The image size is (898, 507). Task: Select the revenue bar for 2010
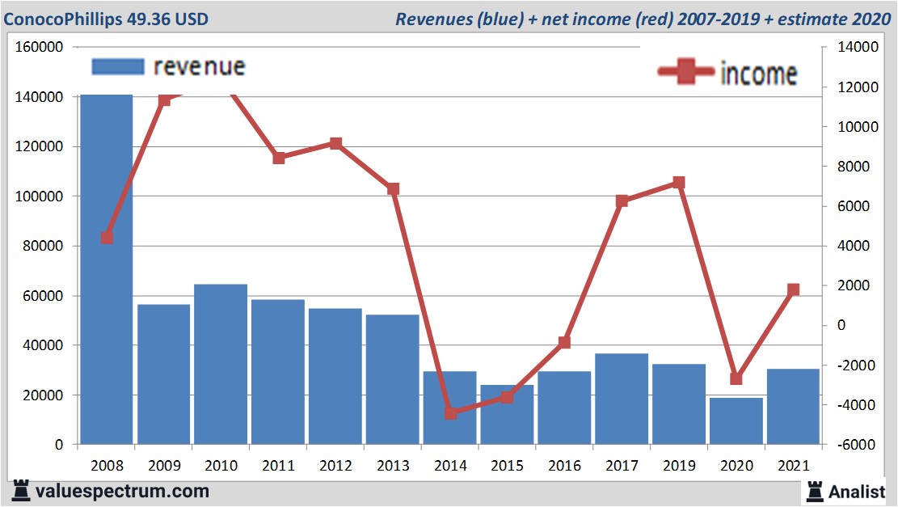coord(221,364)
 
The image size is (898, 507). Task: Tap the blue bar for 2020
coord(736,420)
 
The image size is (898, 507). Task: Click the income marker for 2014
coord(451,413)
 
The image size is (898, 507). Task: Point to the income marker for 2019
coord(679,183)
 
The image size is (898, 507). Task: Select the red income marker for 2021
coord(793,289)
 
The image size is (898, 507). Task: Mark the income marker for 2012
coord(336,144)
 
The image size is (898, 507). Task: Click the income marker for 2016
coord(564,343)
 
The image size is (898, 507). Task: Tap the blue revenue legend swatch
coord(117,66)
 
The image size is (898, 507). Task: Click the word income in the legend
coord(758,74)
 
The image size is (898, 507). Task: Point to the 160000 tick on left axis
coord(40,48)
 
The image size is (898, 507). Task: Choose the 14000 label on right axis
coord(858,48)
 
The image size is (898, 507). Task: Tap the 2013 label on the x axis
coord(393,467)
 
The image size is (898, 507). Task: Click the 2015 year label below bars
coord(508,467)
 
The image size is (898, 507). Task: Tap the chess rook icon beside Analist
coord(814,491)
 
